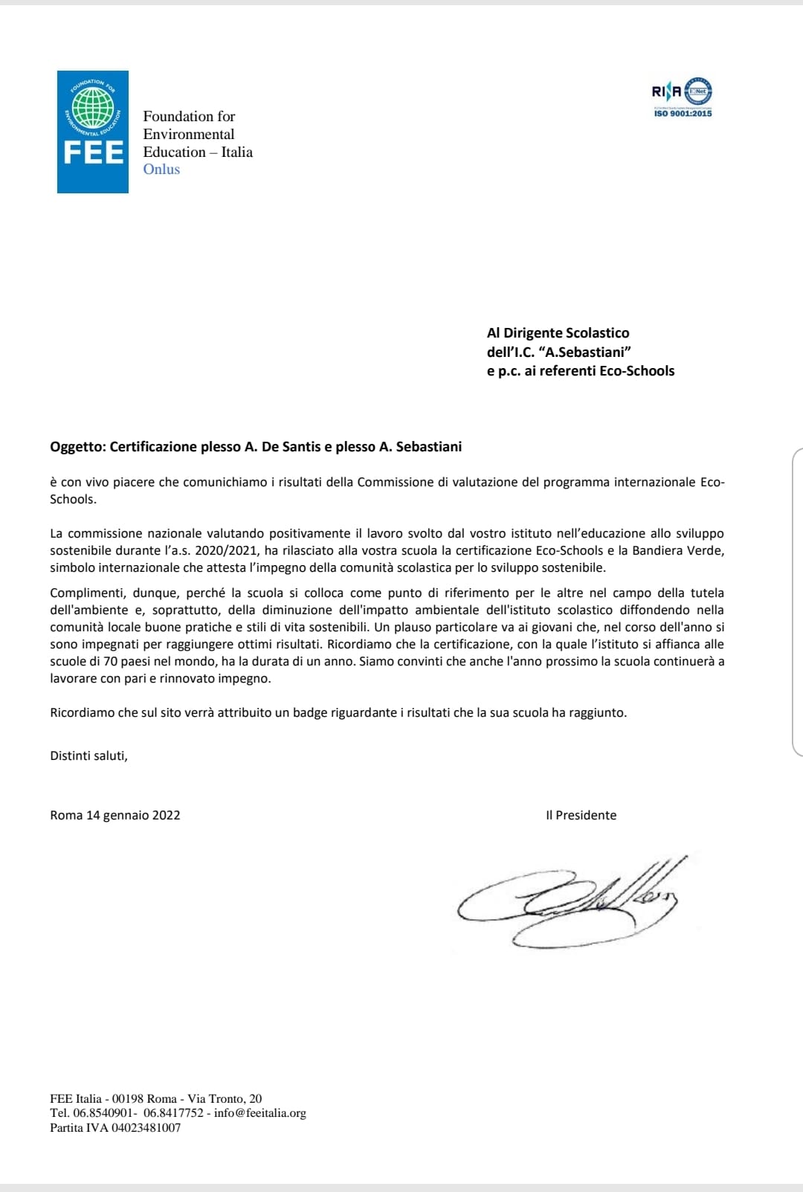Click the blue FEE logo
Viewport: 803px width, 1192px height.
click(x=93, y=132)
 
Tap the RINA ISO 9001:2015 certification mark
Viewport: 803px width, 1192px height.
click(x=682, y=97)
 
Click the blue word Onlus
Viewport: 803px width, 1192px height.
click(x=161, y=170)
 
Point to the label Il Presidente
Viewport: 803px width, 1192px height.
click(x=581, y=815)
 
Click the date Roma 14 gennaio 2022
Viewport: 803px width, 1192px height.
click(x=115, y=815)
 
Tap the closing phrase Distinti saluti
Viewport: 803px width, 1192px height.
click(x=88, y=756)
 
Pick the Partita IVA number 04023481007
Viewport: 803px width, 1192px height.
click(x=146, y=1128)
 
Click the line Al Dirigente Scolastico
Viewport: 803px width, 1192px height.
click(x=558, y=333)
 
